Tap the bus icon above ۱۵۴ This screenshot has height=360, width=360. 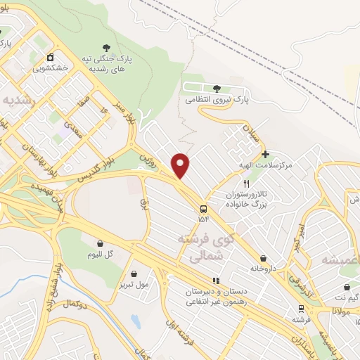pyautogui.click(x=203, y=209)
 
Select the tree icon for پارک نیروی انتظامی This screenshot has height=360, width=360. pyautogui.click(x=217, y=89)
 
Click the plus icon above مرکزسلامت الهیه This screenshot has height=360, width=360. pyautogui.click(x=264, y=154)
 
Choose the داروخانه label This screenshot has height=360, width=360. pyautogui.click(x=263, y=269)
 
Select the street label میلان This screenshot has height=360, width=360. pyautogui.click(x=250, y=131)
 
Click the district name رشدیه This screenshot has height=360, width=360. pyautogui.click(x=18, y=99)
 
